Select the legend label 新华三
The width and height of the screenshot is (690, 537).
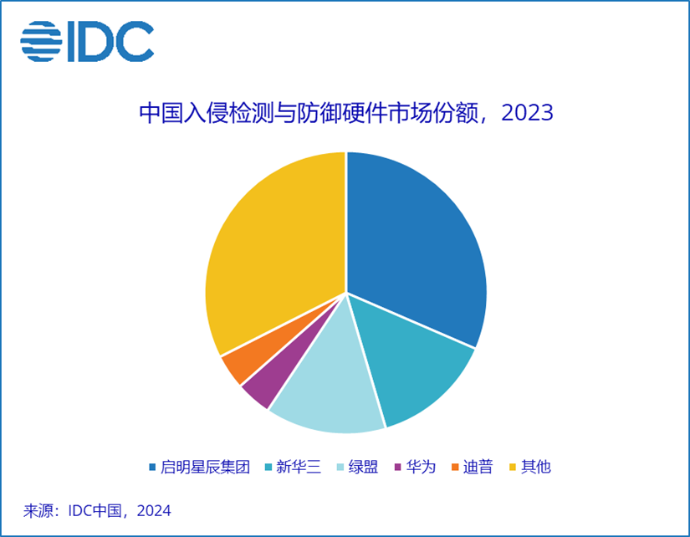[297, 467]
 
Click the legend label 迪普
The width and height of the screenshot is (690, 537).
[478, 467]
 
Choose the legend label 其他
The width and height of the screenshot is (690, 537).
[536, 467]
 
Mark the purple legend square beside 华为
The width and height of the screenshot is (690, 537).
[400, 468]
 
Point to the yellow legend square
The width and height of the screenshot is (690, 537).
[514, 468]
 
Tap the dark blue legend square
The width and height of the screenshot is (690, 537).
[152, 468]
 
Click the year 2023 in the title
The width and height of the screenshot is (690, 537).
[527, 113]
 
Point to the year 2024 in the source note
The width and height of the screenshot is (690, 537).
[151, 510]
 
